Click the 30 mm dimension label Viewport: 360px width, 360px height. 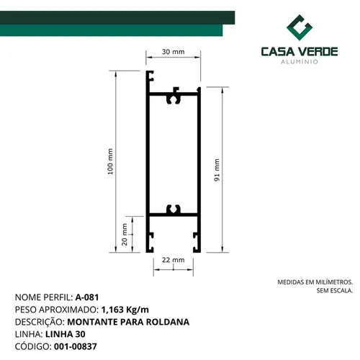(173, 52)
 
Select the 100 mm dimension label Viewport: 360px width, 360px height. (110, 161)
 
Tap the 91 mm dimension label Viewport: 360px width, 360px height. (217, 170)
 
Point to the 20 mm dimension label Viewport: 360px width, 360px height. (125, 235)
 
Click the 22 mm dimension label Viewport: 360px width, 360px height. (173, 260)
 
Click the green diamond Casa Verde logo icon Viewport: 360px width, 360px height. (300, 27)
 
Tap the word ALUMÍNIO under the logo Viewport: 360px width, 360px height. (300, 62)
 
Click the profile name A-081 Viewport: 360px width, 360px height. (87, 297)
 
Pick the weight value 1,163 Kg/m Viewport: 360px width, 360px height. (125, 310)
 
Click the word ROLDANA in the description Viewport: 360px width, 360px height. (168, 322)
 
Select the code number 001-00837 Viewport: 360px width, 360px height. (76, 346)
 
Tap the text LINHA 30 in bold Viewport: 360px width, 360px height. (66, 334)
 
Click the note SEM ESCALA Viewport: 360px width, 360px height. (335, 291)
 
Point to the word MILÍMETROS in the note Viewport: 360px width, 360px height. (334, 282)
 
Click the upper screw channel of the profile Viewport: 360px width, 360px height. (174, 98)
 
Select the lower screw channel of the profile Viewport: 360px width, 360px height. (174, 210)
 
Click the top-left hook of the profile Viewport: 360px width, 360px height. (150, 76)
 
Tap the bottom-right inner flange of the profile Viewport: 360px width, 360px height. (197, 242)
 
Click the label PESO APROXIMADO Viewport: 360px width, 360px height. (57, 310)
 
